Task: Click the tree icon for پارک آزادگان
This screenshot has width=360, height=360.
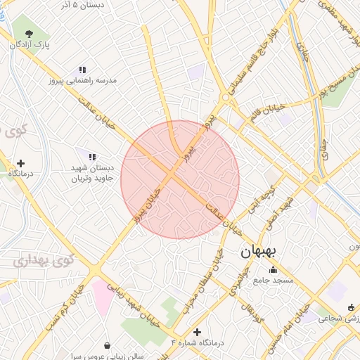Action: (x=28, y=33)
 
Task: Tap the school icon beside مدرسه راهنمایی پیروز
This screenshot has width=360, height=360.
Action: (x=82, y=70)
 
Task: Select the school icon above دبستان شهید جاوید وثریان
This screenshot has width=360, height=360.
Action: (x=91, y=155)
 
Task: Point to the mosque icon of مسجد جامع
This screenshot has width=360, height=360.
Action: (x=273, y=270)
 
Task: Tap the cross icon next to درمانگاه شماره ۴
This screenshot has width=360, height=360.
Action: (x=197, y=332)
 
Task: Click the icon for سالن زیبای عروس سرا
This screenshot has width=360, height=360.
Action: (x=107, y=345)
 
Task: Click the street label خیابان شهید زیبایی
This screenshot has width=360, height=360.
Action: (x=140, y=298)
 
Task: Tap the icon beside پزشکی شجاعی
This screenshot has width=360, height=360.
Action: (x=351, y=307)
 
